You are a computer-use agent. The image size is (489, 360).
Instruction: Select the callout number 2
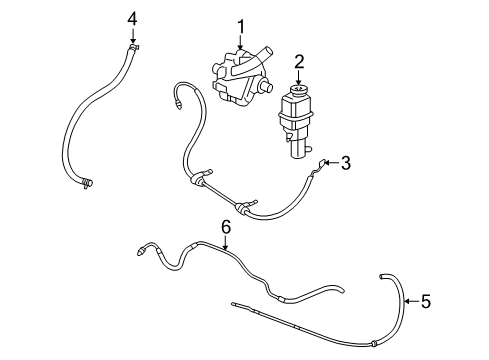tap(299, 63)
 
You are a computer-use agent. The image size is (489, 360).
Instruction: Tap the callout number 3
tap(346, 162)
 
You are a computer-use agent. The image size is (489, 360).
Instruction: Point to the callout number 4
tap(132, 17)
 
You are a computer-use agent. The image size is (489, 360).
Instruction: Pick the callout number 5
tap(425, 300)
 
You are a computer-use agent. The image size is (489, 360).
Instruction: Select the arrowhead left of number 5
tap(406, 300)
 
